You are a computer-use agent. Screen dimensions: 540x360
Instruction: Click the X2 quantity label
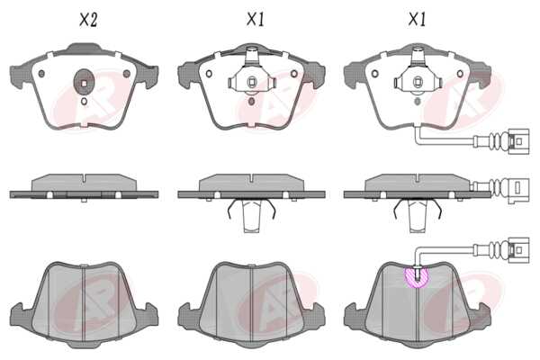tap(88, 20)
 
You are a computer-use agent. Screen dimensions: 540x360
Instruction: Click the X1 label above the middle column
tap(256, 19)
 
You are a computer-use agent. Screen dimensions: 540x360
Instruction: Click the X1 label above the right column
tap(417, 19)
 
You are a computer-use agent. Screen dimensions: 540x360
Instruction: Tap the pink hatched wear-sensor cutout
tap(417, 278)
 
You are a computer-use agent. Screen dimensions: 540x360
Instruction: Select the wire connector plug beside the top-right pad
tap(518, 141)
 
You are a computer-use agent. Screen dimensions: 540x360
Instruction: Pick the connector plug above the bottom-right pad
tap(518, 250)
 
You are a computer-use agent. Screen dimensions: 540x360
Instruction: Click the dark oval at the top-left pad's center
tap(84, 83)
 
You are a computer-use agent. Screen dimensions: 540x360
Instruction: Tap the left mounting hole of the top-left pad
tap(41, 74)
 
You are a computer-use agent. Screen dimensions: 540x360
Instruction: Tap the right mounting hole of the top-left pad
tap(127, 74)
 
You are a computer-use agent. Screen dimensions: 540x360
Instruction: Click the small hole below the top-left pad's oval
tap(84, 102)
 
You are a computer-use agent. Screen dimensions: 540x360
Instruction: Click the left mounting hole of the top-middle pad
tap(209, 74)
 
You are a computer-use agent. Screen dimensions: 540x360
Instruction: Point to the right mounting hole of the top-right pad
tap(460, 74)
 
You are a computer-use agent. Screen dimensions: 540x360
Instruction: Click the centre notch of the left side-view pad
tap(84, 178)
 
